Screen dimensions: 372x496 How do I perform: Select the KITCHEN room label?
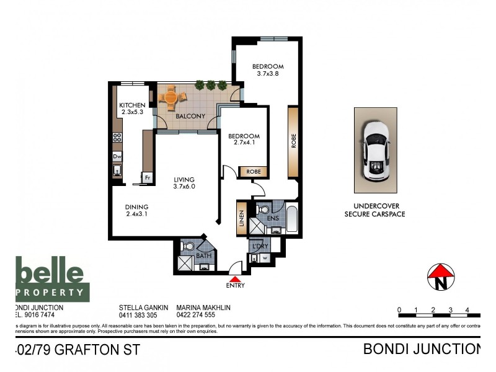click(x=132, y=105)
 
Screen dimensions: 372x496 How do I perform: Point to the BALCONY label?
click(x=190, y=116)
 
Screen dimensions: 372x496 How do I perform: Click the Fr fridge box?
click(x=147, y=178)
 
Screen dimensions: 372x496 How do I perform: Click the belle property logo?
click(x=52, y=280)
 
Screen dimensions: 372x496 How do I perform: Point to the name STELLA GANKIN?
click(x=143, y=307)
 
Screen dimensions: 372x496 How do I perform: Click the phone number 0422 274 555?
click(x=196, y=314)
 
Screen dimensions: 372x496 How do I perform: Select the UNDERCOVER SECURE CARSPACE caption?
click(x=374, y=210)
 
